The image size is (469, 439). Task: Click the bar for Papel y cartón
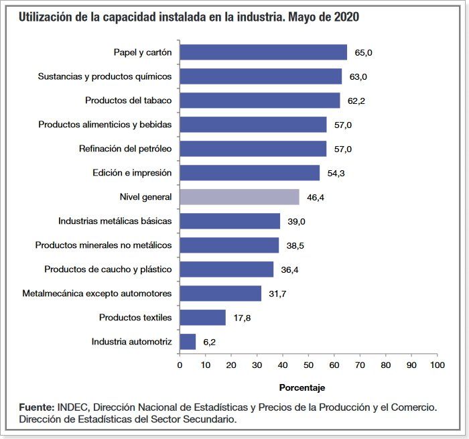[263, 52]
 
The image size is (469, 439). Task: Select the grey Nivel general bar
[239, 197]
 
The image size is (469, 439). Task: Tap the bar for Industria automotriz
[188, 342]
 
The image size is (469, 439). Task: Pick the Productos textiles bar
[202, 318]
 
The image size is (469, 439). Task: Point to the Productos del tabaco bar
[260, 101]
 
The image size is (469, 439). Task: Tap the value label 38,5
[295, 246]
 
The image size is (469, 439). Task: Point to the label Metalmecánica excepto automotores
[97, 293]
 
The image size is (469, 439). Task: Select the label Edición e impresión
[132, 173]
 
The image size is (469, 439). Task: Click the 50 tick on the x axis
[308, 365]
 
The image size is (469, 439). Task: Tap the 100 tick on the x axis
[437, 365]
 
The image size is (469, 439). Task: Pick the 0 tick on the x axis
[180, 365]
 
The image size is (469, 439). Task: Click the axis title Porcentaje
[301, 387]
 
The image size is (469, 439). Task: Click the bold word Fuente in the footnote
[36, 407]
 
